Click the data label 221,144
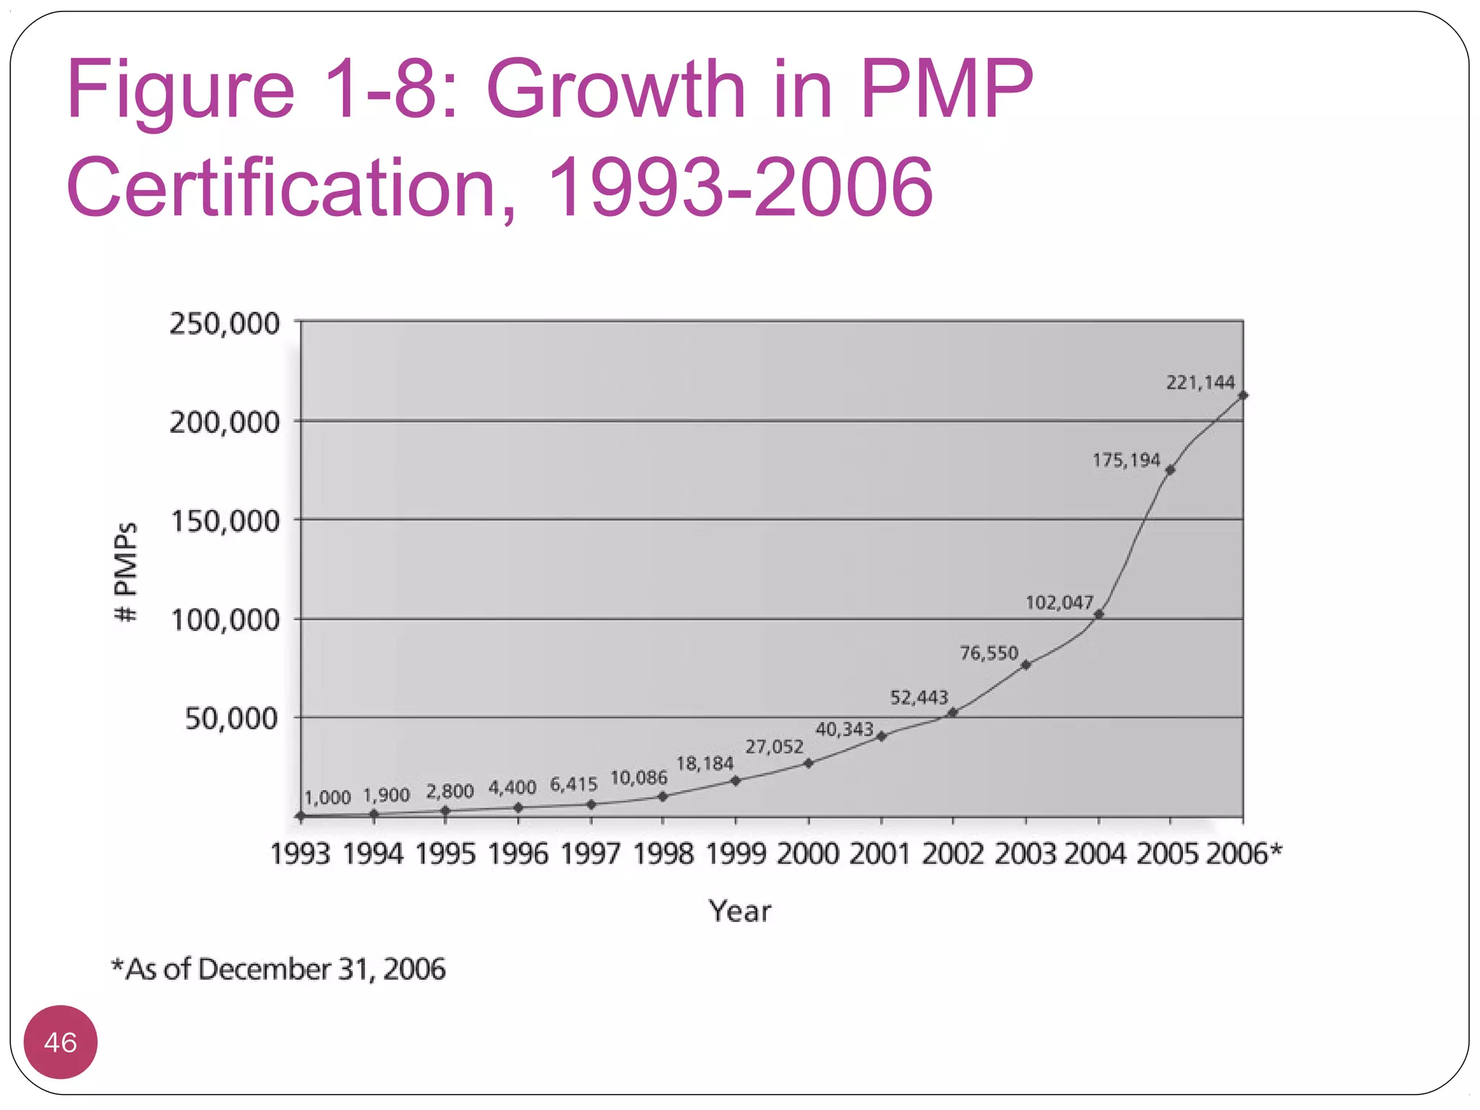1200,382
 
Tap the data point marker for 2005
1170,470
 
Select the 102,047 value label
1059,603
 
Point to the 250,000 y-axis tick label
224,324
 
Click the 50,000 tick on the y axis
231,718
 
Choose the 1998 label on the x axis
663,854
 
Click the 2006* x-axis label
1244,853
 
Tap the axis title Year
739,911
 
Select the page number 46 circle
61,1042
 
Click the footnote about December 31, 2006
278,969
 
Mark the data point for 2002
952,713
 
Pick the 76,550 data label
989,653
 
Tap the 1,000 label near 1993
327,798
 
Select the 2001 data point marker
881,736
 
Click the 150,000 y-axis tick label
224,521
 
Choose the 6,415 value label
574,784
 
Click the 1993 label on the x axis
301,854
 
